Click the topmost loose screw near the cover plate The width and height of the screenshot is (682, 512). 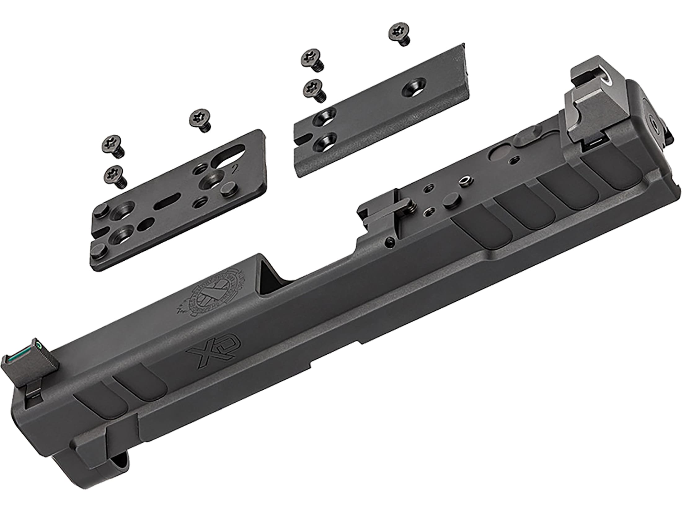click(400, 34)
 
